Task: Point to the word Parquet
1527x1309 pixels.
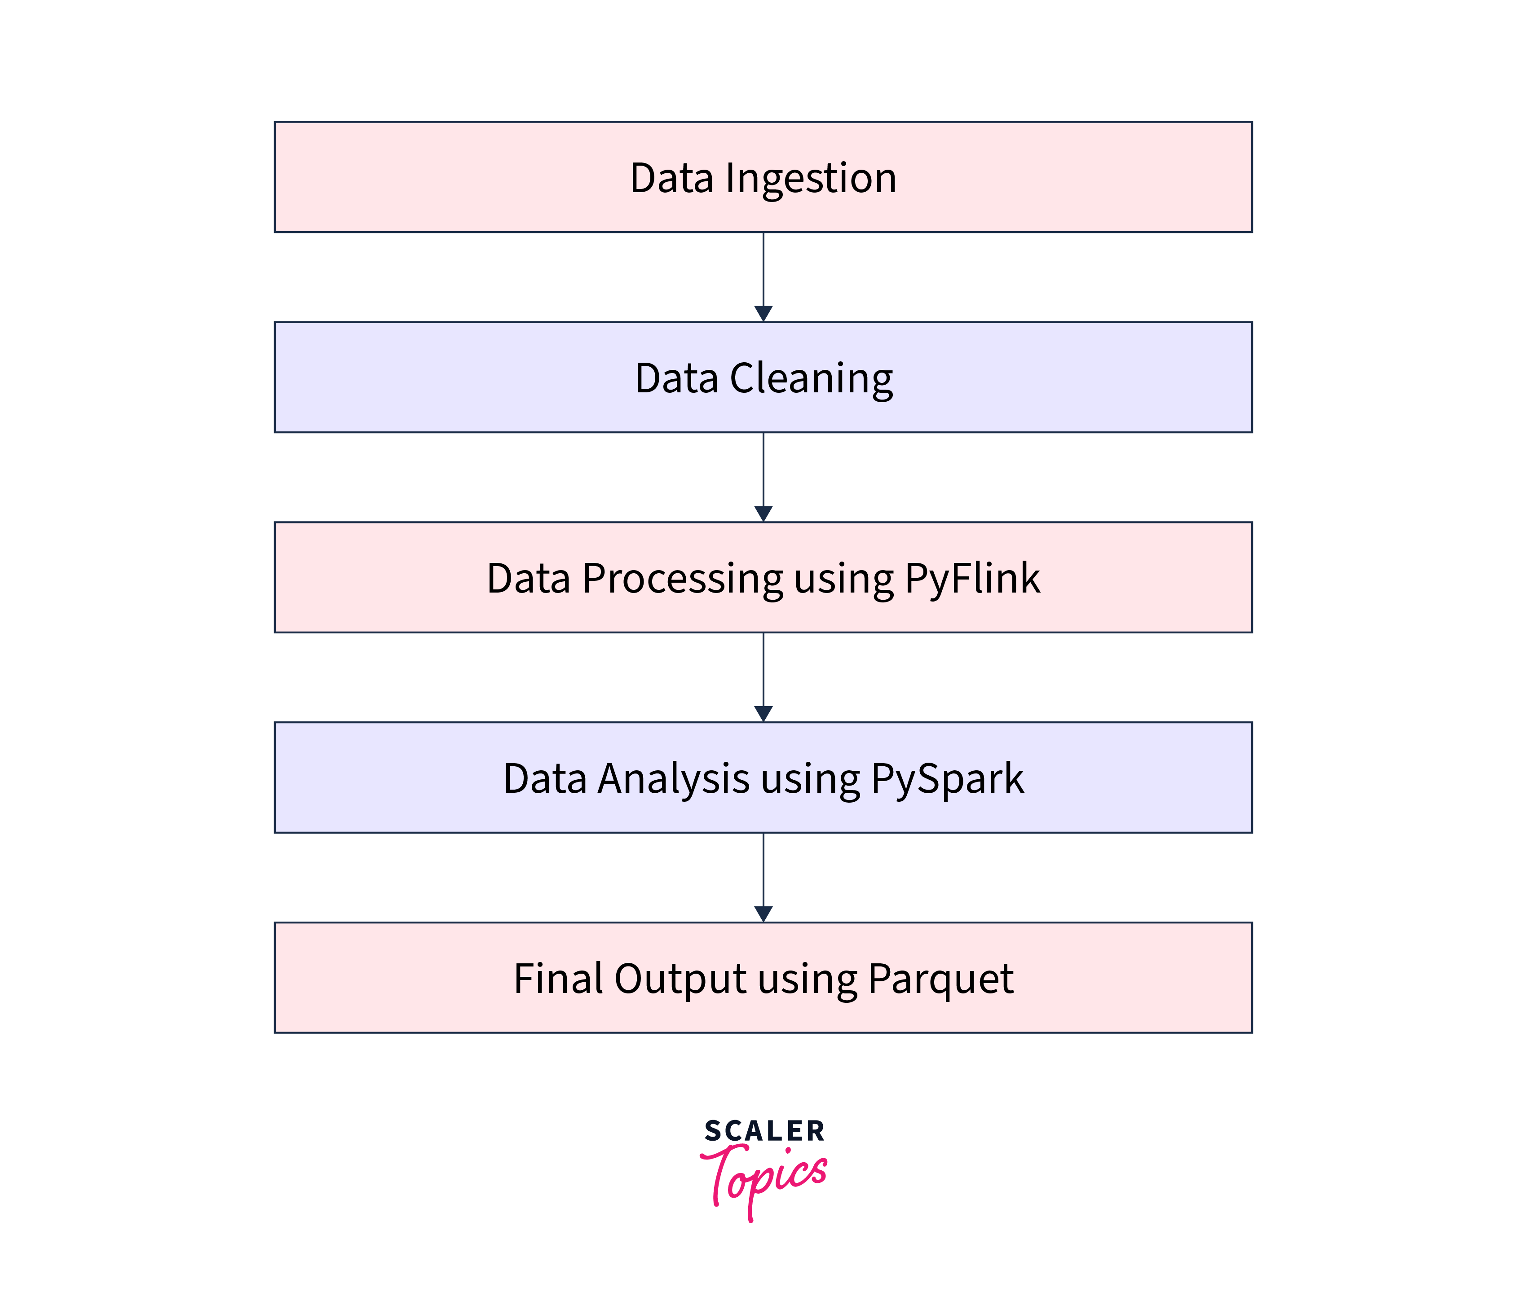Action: pos(940,980)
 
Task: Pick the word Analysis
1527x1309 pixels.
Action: pos(674,779)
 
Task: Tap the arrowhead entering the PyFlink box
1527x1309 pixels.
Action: pos(763,514)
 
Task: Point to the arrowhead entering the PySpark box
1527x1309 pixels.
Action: pos(763,714)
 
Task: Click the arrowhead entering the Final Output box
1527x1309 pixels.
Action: pos(763,914)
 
